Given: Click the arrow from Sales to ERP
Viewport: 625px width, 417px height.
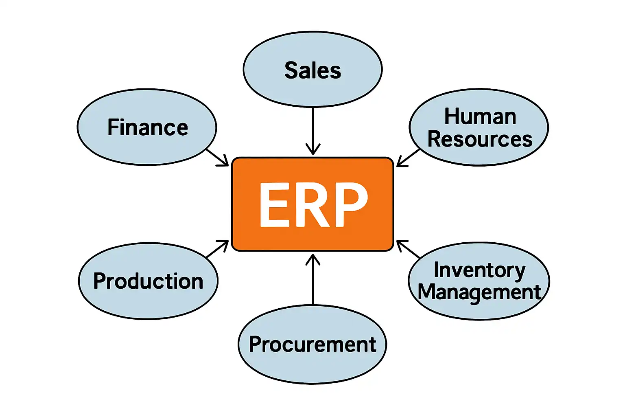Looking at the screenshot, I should (x=312, y=130).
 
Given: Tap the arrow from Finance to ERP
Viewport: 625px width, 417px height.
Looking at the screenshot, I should (x=217, y=157).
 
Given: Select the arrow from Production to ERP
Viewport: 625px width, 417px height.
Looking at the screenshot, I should (x=217, y=249).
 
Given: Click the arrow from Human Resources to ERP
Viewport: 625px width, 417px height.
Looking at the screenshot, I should (x=408, y=158).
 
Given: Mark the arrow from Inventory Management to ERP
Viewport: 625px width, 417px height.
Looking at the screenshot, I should (x=408, y=249).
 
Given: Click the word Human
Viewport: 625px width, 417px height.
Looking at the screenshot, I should (x=480, y=117).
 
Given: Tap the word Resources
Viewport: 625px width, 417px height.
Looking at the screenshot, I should (x=480, y=139).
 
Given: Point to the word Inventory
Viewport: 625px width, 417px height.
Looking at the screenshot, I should (x=479, y=270).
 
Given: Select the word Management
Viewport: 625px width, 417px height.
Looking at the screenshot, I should (x=479, y=292).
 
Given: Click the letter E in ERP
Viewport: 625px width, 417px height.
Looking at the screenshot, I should (x=274, y=204).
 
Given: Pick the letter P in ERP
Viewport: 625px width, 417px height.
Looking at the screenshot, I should (x=350, y=204).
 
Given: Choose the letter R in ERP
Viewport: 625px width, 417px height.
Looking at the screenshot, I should (x=312, y=204).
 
